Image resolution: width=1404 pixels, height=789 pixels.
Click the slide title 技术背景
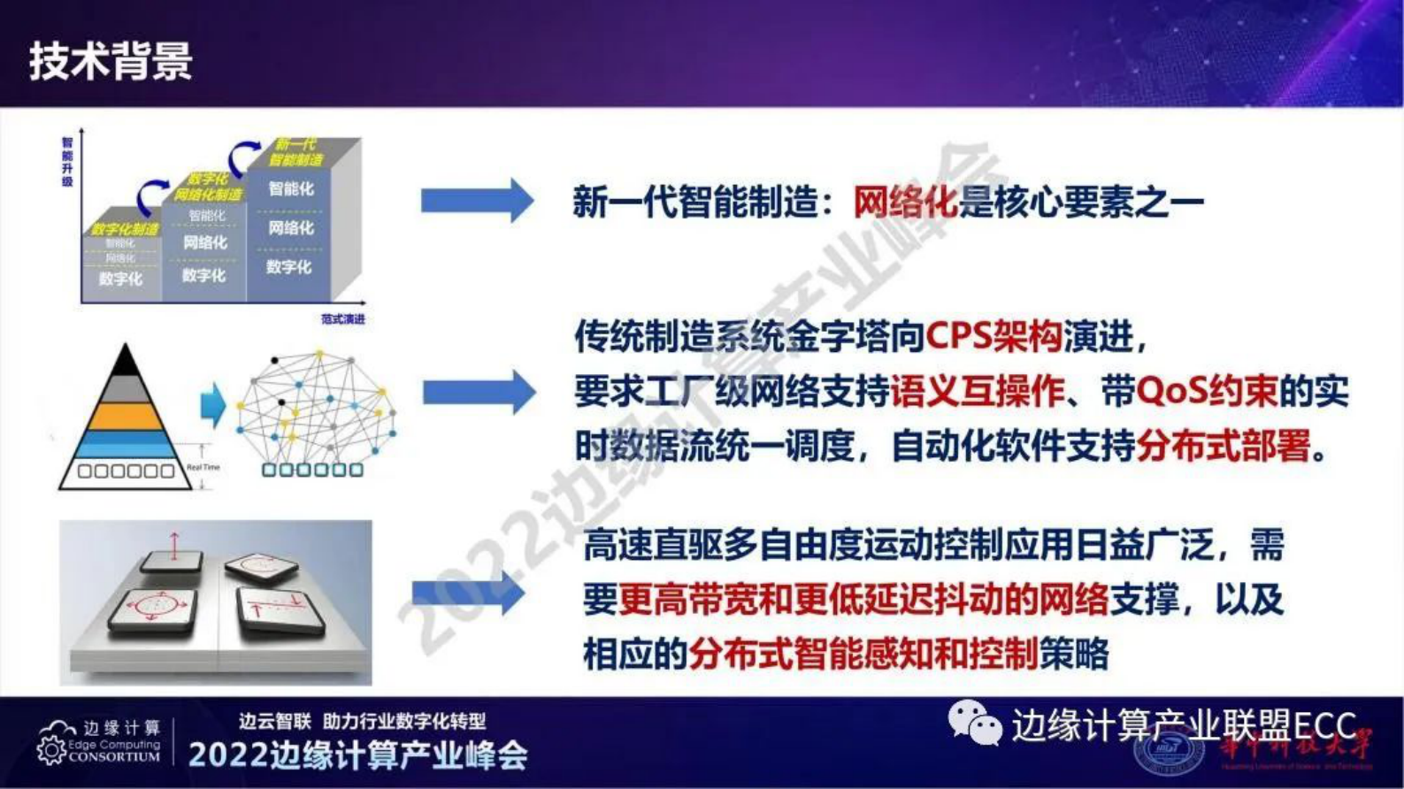click(111, 62)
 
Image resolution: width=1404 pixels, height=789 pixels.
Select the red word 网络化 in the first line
click(905, 203)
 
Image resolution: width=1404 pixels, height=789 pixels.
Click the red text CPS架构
click(993, 337)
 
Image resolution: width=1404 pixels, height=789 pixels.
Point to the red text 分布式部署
click(1224, 446)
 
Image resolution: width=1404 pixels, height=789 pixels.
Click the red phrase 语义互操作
click(977, 391)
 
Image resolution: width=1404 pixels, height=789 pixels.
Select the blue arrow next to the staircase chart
click(476, 201)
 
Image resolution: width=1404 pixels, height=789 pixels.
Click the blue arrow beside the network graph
click(478, 392)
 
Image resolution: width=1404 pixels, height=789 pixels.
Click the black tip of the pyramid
click(126, 362)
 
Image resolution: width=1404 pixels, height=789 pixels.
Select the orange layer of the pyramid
click(126, 416)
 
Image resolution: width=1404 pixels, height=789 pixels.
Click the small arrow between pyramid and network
click(212, 406)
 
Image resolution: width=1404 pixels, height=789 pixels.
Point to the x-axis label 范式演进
click(342, 318)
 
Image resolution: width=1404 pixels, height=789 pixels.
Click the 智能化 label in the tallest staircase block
click(291, 188)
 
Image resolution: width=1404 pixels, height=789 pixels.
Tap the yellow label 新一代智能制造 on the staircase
click(296, 152)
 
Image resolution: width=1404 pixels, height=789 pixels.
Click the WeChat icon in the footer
click(974, 723)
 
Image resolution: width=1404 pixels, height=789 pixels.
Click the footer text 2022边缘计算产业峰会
click(358, 755)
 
